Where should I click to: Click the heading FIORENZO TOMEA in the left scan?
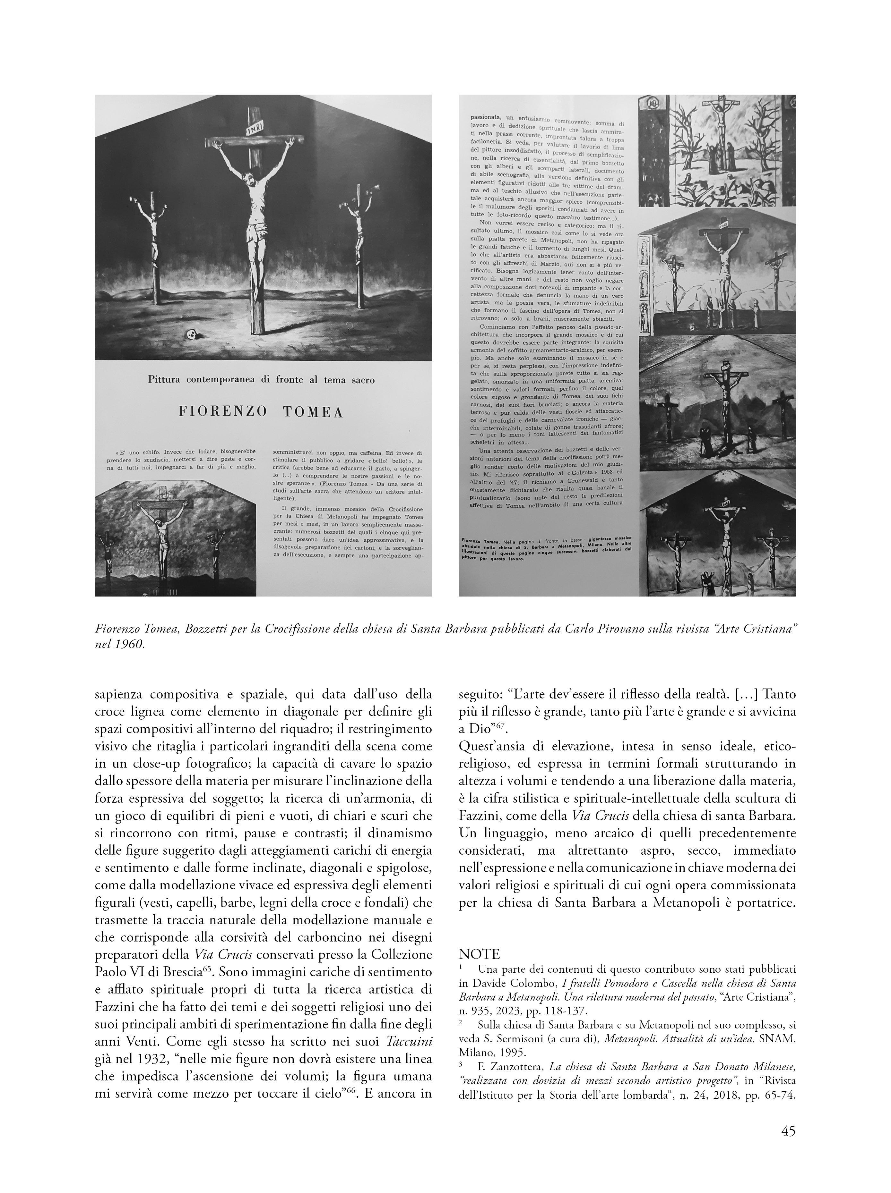[x=261, y=413]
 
